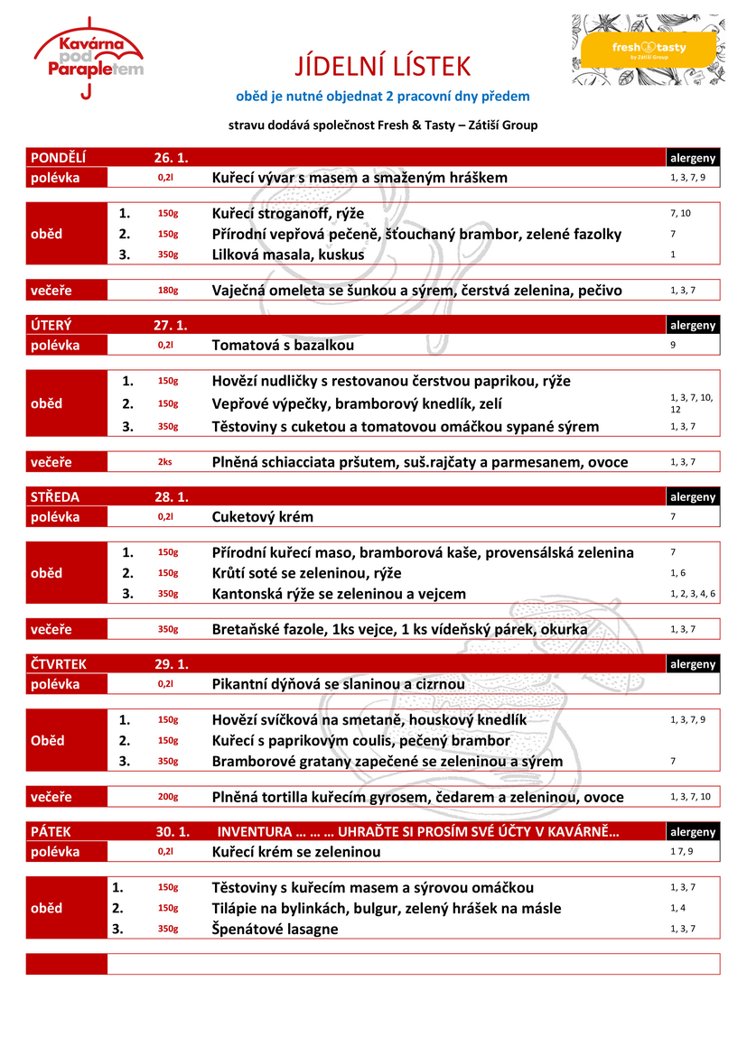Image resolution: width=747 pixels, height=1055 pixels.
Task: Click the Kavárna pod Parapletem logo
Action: pos(88,57)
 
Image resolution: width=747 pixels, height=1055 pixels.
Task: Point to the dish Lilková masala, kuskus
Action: pos(288,254)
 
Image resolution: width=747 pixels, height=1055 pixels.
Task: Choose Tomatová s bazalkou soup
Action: pos(283,345)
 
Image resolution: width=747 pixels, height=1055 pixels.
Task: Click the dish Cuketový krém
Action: pos(263,517)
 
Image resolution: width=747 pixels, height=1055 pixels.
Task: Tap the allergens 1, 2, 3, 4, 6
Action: pos(693,594)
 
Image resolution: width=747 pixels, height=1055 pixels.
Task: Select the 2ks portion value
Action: pos(165,462)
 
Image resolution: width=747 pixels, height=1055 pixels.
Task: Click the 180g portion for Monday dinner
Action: pos(167,291)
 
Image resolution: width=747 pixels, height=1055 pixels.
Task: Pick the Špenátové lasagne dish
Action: pos(275,929)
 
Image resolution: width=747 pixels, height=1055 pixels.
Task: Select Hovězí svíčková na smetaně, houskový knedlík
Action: pos(369,719)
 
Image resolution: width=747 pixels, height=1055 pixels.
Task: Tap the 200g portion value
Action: pos(167,797)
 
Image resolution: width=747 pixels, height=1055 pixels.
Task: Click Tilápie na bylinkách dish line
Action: pos(386,908)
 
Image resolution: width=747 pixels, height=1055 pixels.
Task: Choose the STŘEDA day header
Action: pos(55,496)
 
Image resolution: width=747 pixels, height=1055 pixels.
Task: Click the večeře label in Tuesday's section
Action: pos(51,462)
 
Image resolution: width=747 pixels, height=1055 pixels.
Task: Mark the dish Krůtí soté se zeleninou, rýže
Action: pos(306,573)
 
